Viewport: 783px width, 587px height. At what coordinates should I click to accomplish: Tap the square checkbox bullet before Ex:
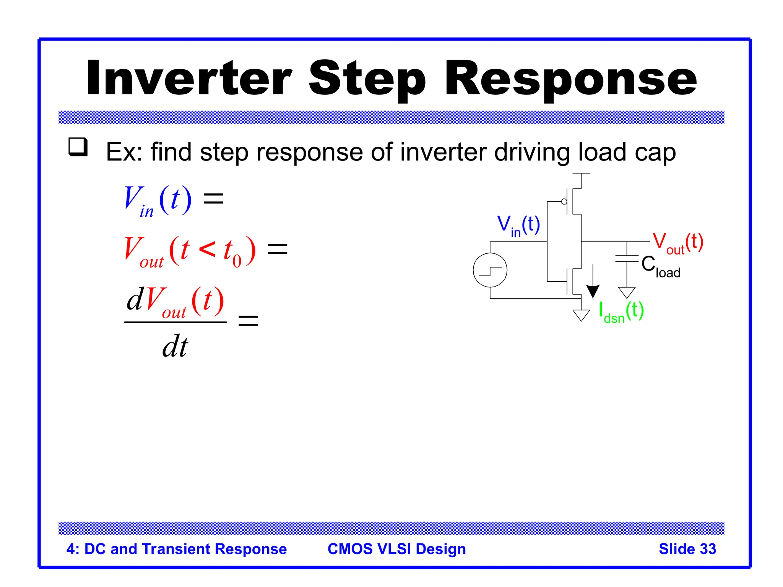pyautogui.click(x=78, y=147)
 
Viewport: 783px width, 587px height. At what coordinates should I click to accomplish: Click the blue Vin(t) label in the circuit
pyautogui.click(x=518, y=225)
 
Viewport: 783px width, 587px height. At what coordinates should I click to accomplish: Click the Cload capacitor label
pyautogui.click(x=660, y=266)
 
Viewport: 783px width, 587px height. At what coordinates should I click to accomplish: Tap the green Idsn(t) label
pyautogui.click(x=621, y=311)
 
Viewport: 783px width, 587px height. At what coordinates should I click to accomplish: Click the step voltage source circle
pyautogui.click(x=490, y=270)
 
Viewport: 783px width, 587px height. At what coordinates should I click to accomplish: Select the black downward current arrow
pyautogui.click(x=593, y=283)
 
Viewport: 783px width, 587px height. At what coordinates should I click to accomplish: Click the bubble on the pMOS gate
pyautogui.click(x=564, y=201)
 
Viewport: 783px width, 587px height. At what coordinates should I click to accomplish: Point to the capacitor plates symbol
pyautogui.click(x=627, y=259)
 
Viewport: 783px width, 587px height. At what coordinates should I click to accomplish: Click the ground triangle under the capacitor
pyautogui.click(x=627, y=292)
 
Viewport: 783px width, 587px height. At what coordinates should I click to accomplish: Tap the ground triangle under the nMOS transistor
pyautogui.click(x=581, y=315)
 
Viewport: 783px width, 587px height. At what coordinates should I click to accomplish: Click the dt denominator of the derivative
pyautogui.click(x=175, y=346)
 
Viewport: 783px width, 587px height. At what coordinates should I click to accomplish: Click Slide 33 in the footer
pyautogui.click(x=687, y=549)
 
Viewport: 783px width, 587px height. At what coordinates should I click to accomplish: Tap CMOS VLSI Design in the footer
pyautogui.click(x=396, y=549)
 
